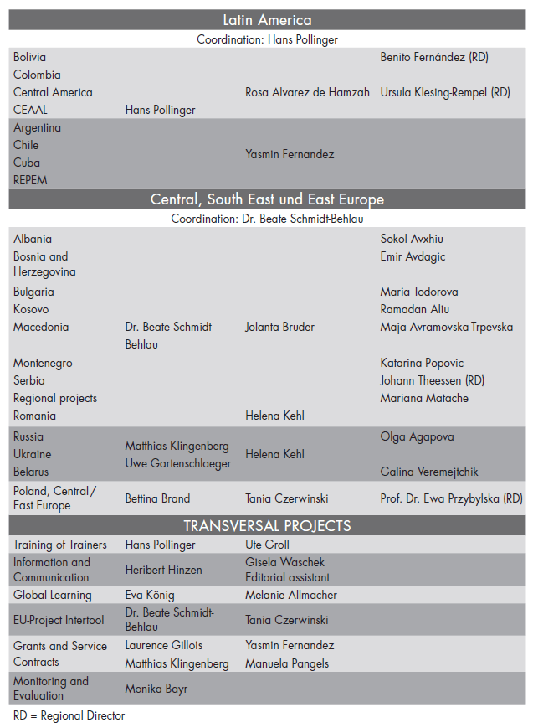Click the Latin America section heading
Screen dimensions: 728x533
click(x=267, y=20)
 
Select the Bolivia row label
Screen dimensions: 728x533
click(x=30, y=57)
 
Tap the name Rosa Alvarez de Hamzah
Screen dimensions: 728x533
click(x=307, y=92)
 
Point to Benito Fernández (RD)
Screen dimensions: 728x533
click(x=433, y=57)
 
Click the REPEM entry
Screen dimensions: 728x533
click(x=30, y=180)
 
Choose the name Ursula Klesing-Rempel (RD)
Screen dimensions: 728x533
click(x=444, y=92)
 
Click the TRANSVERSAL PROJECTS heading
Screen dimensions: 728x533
click(x=267, y=526)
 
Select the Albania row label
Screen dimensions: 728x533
click(x=33, y=239)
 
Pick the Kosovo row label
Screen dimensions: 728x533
click(x=31, y=309)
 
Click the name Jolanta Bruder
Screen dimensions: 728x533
click(x=279, y=327)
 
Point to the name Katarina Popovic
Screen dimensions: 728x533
click(x=422, y=363)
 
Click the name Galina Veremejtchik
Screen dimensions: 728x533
click(x=429, y=472)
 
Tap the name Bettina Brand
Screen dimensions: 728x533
click(x=157, y=498)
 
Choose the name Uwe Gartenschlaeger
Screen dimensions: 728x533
click(x=178, y=463)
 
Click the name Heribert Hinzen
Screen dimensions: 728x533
click(x=164, y=570)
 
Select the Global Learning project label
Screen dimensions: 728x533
click(x=53, y=595)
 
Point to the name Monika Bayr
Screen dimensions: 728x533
click(x=156, y=689)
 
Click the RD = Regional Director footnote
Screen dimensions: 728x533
click(x=69, y=716)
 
